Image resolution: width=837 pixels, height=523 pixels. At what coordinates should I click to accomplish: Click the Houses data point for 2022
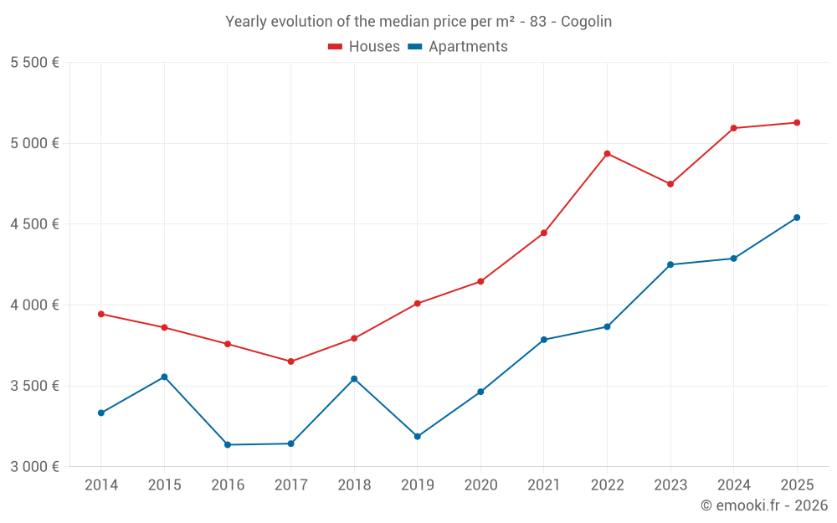(607, 154)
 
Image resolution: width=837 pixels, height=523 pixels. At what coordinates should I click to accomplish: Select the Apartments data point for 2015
(164, 377)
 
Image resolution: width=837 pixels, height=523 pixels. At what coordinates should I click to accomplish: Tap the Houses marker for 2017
(290, 361)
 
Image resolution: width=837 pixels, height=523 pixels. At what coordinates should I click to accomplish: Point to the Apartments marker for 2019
(417, 437)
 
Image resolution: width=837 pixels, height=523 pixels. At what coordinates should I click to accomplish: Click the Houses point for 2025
(797, 123)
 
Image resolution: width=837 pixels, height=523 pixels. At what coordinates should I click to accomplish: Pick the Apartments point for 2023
(670, 264)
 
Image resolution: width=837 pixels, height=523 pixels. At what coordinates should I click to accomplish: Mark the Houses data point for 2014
(101, 314)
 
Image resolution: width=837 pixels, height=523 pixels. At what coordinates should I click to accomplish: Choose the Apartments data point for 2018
(354, 379)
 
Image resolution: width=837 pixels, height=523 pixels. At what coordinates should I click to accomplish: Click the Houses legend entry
(364, 47)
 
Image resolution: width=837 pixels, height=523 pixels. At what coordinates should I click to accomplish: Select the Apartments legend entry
(458, 47)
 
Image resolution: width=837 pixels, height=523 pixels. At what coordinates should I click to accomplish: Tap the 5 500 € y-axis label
(34, 63)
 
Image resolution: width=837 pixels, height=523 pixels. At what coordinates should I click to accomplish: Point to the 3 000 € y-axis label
(34, 467)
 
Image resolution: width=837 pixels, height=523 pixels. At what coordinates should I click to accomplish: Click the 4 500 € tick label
(34, 224)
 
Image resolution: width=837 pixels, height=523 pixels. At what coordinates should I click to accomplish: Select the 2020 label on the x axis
(480, 485)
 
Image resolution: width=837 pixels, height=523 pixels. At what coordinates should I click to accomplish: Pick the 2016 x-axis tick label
(228, 485)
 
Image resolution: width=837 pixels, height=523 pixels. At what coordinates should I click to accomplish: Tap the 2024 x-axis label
(733, 485)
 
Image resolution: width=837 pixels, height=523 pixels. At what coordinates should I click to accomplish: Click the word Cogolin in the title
(586, 22)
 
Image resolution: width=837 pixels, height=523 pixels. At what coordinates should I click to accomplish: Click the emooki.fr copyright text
(763, 505)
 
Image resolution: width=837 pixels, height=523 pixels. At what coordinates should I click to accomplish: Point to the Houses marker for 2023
(670, 184)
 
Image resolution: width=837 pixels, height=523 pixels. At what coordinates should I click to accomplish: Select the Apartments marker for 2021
(544, 340)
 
